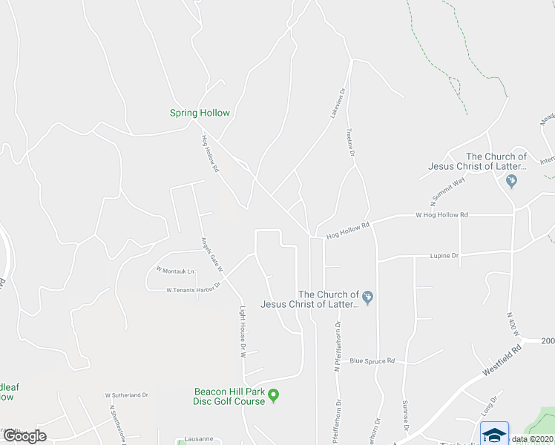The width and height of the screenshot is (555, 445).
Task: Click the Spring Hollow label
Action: tap(200, 113)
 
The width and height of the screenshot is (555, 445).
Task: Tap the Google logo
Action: tap(24, 436)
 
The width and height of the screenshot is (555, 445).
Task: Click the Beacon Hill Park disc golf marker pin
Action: tap(274, 395)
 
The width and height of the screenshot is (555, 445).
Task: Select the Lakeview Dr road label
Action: tap(338, 105)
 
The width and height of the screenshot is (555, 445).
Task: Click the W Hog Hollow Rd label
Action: tap(441, 215)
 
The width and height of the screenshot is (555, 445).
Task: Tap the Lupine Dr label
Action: tap(444, 255)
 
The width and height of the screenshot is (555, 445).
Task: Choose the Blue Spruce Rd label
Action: tap(372, 361)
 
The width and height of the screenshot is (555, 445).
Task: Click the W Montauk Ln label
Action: tap(174, 270)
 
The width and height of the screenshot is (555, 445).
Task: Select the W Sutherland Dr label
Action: tap(127, 395)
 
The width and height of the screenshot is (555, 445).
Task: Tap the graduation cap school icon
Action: tap(495, 434)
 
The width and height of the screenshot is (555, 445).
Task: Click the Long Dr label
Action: tap(487, 406)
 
